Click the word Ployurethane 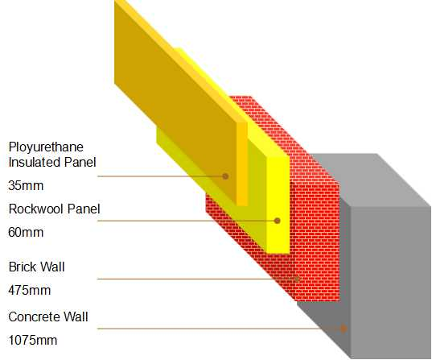pos(46,147)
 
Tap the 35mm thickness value pos(26,185)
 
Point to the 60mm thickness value pos(26,232)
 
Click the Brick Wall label pos(37,267)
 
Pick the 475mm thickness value pos(30,290)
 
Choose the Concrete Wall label pos(48,317)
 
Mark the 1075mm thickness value pos(33,340)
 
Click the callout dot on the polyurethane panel pos(225,176)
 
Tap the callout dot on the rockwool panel pos(278,221)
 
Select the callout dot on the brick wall pos(297,279)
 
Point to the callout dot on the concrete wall pos(344,329)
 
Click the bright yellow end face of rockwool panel pos(278,205)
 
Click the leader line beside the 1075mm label pos(220,329)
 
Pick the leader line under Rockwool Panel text pos(187,221)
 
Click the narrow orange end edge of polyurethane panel pos(242,163)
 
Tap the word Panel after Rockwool pos(84,209)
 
